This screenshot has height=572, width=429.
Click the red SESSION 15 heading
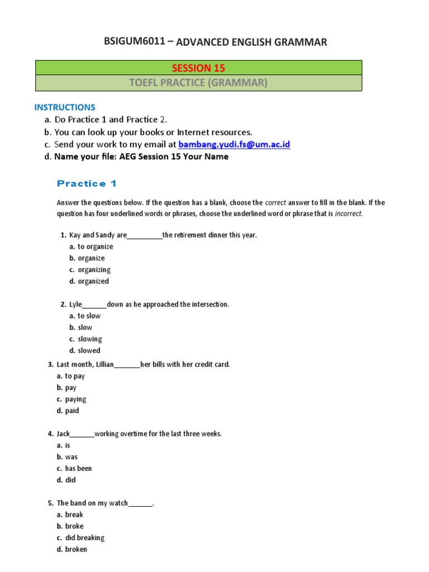(x=198, y=68)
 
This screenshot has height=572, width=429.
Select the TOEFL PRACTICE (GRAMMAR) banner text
(x=198, y=83)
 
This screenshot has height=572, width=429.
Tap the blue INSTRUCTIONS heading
(x=65, y=107)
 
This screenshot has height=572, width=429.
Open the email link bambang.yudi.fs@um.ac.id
(x=234, y=145)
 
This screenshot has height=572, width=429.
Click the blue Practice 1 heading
(x=87, y=184)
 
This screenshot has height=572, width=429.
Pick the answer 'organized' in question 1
(x=93, y=282)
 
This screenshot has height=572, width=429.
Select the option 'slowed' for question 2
(x=89, y=351)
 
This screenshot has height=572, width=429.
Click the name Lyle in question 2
(x=75, y=304)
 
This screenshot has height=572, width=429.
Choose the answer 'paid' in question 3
(x=72, y=411)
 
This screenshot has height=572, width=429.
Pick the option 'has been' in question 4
(x=78, y=469)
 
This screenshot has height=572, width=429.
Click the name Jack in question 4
(x=63, y=434)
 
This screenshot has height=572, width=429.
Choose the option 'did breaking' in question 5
(x=84, y=538)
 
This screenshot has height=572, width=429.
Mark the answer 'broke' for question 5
(x=74, y=526)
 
